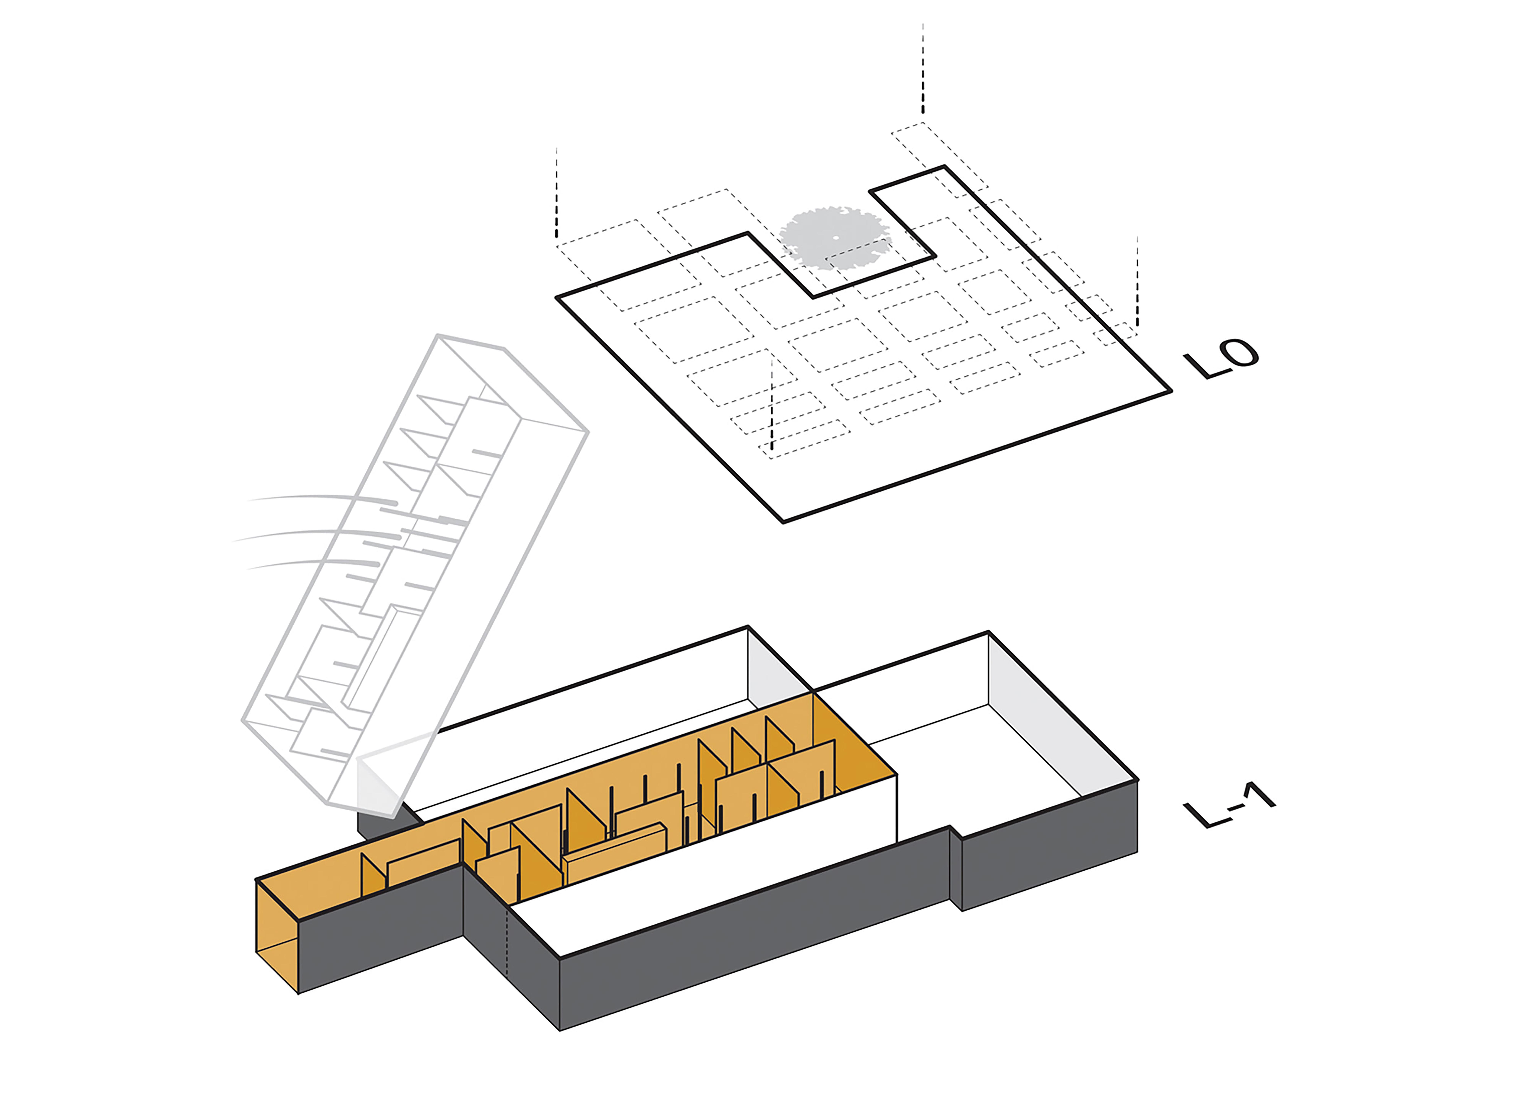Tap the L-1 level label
click(1229, 804)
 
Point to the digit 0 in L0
click(1239, 353)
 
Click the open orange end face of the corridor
click(277, 936)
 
